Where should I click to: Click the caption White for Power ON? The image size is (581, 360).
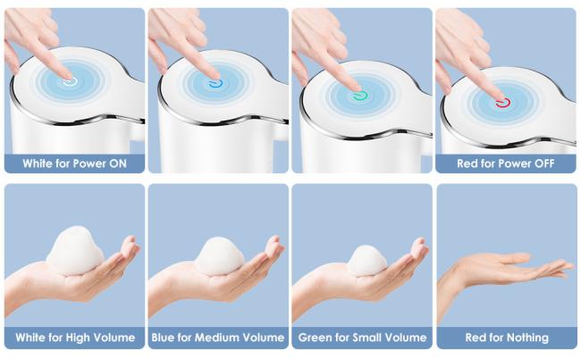click(74, 163)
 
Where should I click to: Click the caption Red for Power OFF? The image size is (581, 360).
click(505, 163)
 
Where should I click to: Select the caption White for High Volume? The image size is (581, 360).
click(75, 338)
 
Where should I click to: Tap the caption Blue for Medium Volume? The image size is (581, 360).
click(218, 338)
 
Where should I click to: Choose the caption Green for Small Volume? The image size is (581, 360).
click(362, 338)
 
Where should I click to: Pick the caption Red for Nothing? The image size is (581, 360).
click(507, 338)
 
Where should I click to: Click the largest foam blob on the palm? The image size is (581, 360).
click(75, 251)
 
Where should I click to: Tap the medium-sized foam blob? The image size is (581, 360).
click(219, 256)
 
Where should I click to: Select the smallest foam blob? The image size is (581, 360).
click(366, 261)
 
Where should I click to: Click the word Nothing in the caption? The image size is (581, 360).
click(527, 338)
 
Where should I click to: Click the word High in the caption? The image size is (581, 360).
click(78, 338)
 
